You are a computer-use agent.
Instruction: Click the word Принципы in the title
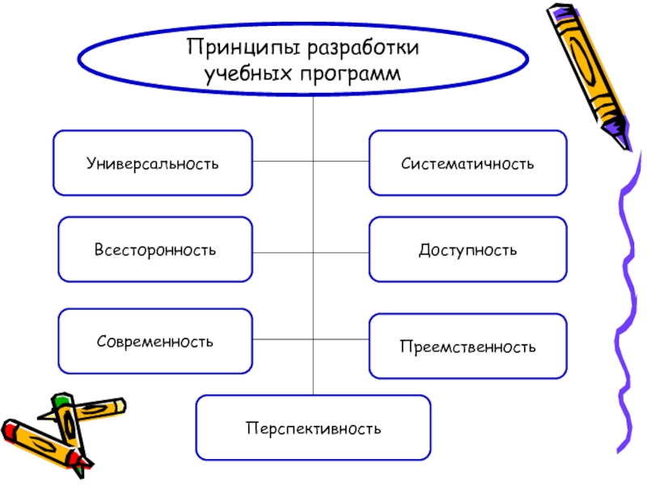point(233,48)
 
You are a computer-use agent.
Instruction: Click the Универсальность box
point(153,163)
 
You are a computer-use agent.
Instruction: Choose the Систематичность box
point(468,163)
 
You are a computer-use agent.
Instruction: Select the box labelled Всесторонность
point(155,250)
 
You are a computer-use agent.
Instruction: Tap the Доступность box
point(468,250)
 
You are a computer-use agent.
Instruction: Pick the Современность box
point(155,341)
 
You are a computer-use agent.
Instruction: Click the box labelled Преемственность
point(468,347)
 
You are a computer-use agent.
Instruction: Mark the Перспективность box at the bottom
point(314,426)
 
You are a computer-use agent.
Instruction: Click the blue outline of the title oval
point(79,61)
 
